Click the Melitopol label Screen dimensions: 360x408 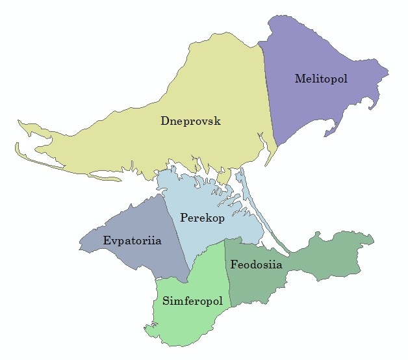point(321,79)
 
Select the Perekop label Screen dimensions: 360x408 point(203,218)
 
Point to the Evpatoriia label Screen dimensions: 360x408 point(132,240)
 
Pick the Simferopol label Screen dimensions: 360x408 point(193,302)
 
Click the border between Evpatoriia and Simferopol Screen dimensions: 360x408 point(170,279)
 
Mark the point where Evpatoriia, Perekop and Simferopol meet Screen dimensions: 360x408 point(189,271)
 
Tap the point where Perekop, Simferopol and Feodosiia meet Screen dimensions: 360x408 point(225,238)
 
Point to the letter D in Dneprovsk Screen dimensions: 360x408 point(164,121)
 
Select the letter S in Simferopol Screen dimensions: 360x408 point(166,302)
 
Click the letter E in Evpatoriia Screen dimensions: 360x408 point(107,240)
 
